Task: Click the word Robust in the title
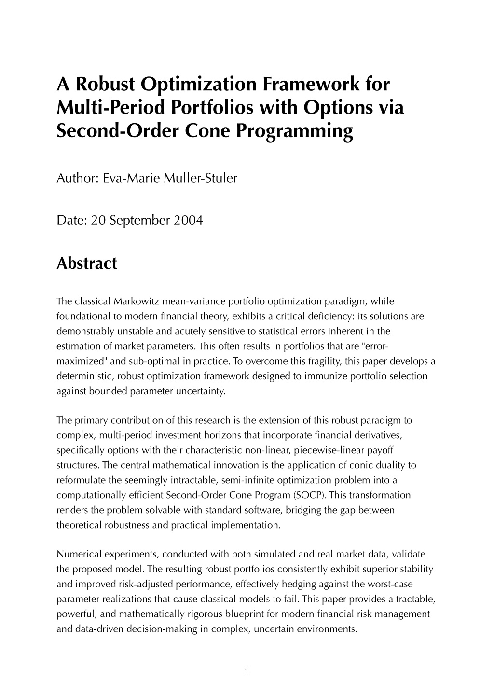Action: tap(104, 84)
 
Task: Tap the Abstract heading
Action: tap(87, 263)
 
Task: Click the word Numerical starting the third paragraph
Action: tap(77, 554)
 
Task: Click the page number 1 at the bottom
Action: tap(247, 671)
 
